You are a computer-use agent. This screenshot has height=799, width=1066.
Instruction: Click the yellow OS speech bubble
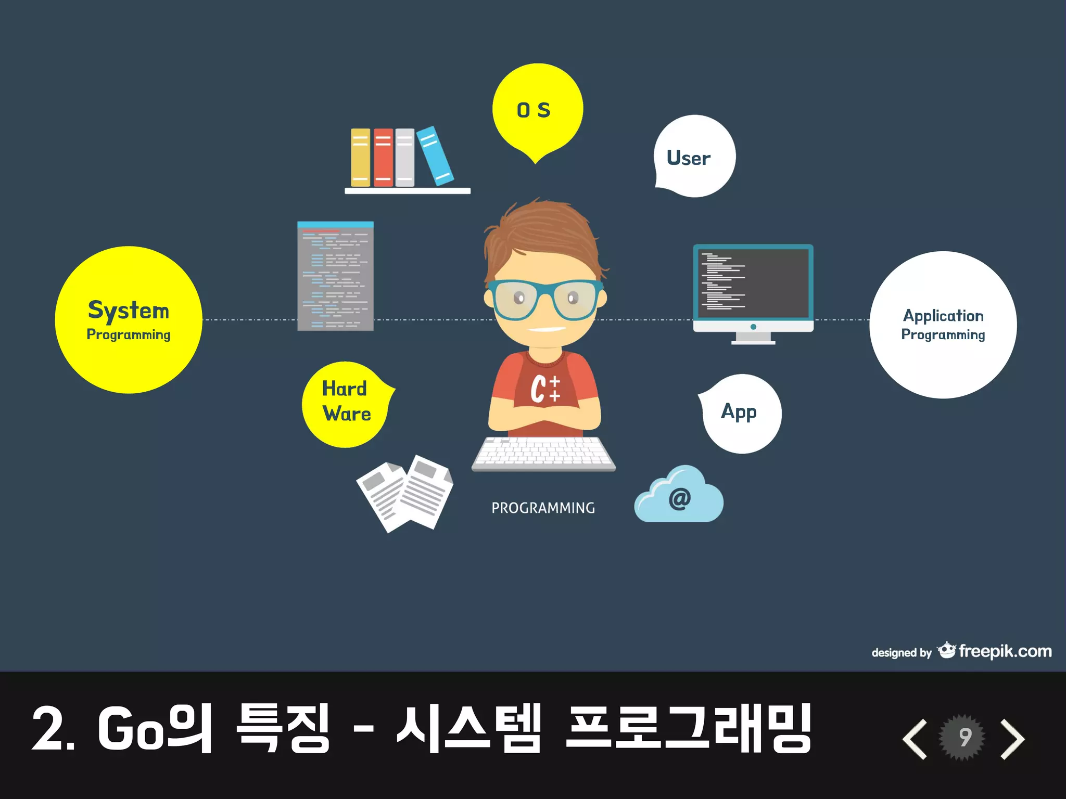pyautogui.click(x=537, y=109)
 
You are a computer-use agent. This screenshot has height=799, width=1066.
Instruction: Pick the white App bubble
pyautogui.click(x=740, y=413)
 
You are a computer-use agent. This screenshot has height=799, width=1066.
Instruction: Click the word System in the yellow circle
pyautogui.click(x=129, y=311)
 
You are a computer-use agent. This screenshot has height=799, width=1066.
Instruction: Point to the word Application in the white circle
pyautogui.click(x=943, y=315)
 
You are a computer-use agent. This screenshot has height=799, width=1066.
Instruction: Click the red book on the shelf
pyautogui.click(x=383, y=157)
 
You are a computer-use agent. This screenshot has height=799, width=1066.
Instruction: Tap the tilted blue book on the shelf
pyautogui.click(x=435, y=156)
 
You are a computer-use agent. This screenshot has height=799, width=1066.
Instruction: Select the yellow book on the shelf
pyautogui.click(x=360, y=157)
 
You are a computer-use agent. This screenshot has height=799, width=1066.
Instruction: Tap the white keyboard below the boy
pyautogui.click(x=543, y=452)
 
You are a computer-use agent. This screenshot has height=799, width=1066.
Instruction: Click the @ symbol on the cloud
pyautogui.click(x=679, y=498)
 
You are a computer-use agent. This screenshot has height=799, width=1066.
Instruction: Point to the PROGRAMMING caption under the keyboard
pyautogui.click(x=543, y=508)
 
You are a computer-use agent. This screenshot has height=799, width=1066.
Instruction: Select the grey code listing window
pyautogui.click(x=335, y=276)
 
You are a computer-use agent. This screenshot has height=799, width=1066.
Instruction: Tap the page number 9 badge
pyautogui.click(x=964, y=737)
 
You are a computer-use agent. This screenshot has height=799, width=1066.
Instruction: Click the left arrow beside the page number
pyautogui.click(x=915, y=739)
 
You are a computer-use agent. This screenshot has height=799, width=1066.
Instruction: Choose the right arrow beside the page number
pyautogui.click(x=1012, y=739)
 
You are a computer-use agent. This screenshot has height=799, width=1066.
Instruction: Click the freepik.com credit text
pyautogui.click(x=1005, y=651)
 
